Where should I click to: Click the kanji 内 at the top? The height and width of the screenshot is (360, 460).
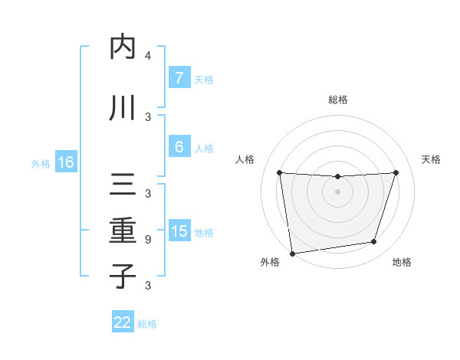(x=123, y=47)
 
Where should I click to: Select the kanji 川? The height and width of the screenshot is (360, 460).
(x=123, y=107)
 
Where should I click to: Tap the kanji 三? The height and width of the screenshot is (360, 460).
(x=123, y=185)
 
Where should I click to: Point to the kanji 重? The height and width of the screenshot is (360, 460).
(x=123, y=231)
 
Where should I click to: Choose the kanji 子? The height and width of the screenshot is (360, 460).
(x=123, y=276)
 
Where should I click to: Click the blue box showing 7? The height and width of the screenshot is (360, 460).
(x=179, y=78)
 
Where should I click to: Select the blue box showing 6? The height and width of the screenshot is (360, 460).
(x=179, y=147)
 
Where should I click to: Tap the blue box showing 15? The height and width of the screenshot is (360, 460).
(x=179, y=231)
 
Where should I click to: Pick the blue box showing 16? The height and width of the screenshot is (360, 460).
(x=66, y=162)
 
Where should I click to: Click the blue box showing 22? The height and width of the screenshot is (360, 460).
(x=123, y=322)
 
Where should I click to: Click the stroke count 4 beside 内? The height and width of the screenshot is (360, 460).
(x=148, y=56)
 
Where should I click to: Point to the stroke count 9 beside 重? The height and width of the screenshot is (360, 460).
(x=148, y=240)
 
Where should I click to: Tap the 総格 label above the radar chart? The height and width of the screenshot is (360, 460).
(x=337, y=100)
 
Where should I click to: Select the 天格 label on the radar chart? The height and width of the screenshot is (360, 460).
(x=432, y=159)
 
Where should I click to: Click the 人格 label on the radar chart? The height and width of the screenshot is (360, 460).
(x=245, y=159)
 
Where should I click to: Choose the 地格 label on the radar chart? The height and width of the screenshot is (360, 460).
(x=402, y=262)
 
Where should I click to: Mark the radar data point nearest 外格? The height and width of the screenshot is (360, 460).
(x=292, y=253)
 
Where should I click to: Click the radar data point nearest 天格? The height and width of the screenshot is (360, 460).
(x=396, y=172)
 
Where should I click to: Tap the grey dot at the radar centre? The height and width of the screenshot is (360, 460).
(x=337, y=191)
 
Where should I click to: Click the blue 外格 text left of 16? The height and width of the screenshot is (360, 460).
(x=40, y=163)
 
